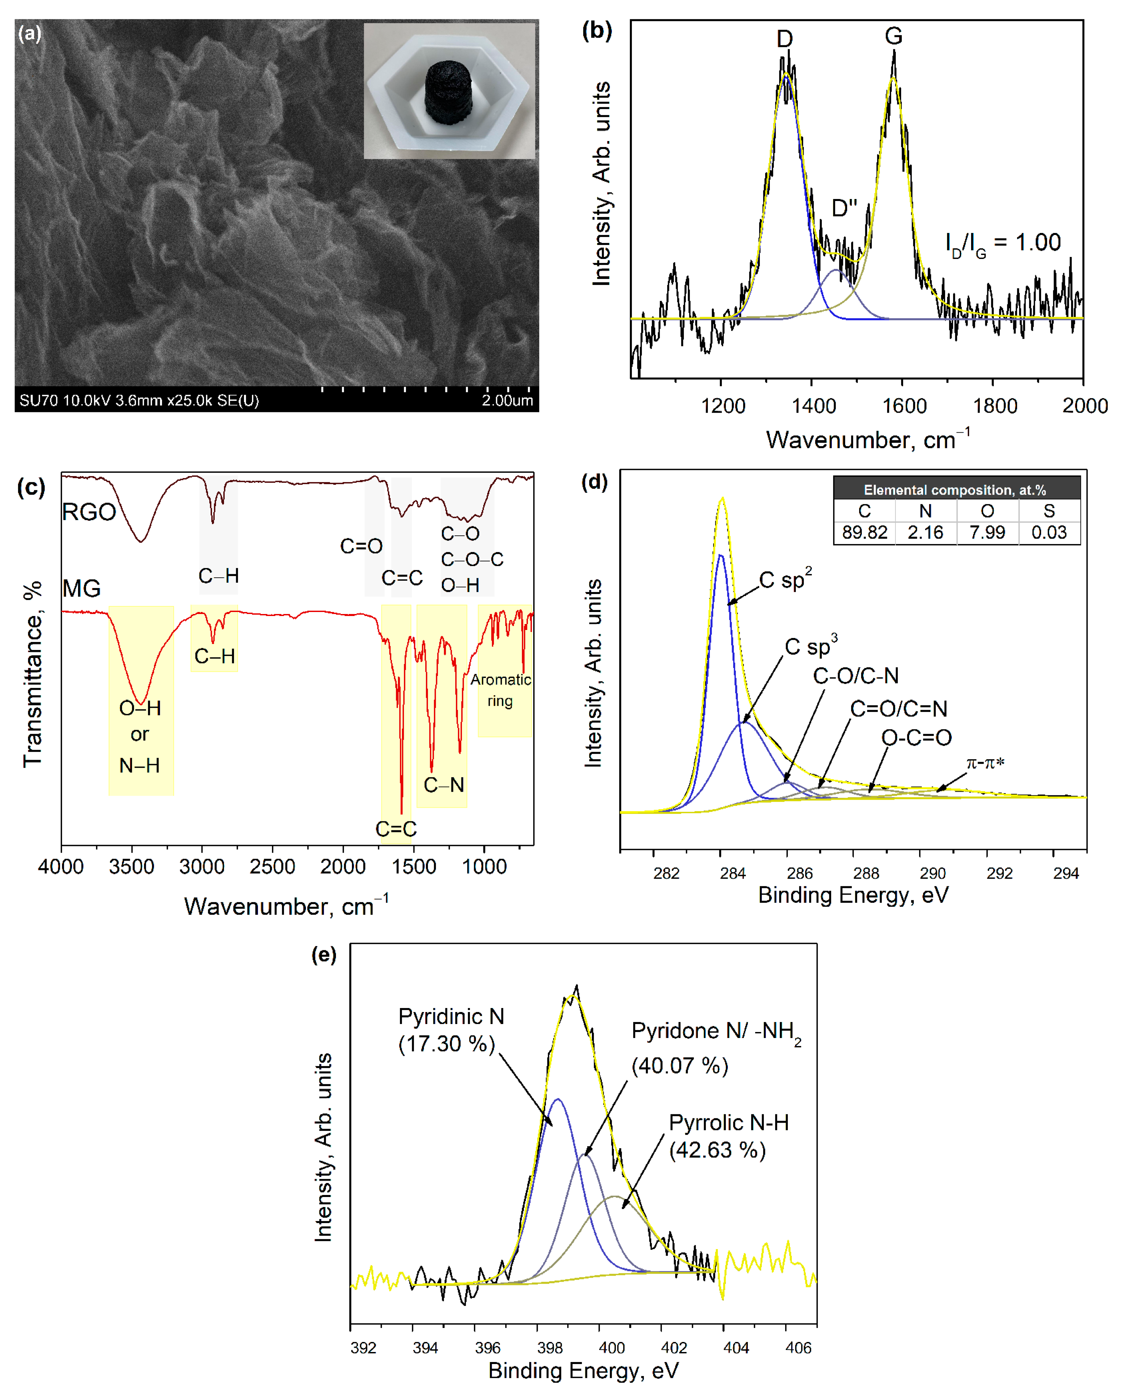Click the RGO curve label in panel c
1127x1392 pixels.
(x=89, y=512)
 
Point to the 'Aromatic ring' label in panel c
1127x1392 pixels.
(x=501, y=690)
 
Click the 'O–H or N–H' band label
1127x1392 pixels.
(x=140, y=736)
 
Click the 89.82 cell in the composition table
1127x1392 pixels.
(x=864, y=532)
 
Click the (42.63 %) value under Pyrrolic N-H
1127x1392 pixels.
(x=717, y=1150)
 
